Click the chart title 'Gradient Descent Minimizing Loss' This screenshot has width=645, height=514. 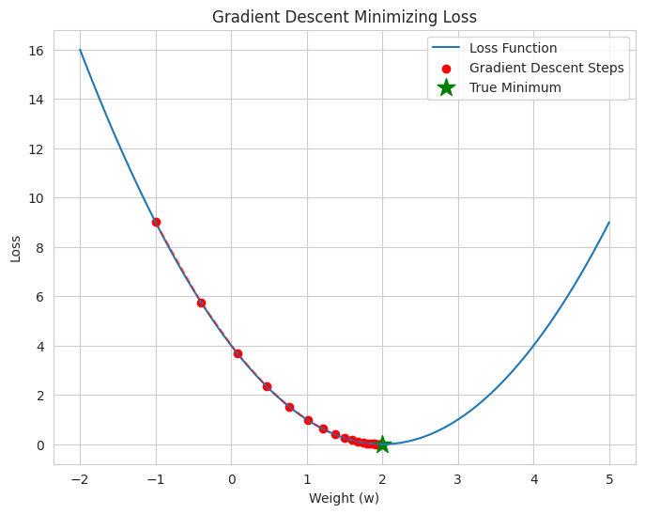click(344, 17)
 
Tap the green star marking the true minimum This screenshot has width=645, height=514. click(382, 444)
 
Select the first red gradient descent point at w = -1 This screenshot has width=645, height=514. click(156, 223)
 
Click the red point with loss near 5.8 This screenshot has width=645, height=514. click(201, 303)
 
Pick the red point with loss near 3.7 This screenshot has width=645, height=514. click(238, 354)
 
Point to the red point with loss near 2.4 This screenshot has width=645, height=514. click(267, 386)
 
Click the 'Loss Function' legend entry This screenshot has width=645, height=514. click(513, 48)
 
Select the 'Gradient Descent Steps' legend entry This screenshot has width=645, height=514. click(546, 68)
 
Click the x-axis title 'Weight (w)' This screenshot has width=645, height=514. click(344, 498)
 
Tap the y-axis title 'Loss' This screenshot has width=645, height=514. click(15, 248)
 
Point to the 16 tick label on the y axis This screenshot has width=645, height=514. click(37, 50)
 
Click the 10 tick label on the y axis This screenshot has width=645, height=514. click(37, 198)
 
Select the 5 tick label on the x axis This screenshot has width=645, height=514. click(609, 478)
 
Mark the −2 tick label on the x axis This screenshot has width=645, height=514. click(80, 478)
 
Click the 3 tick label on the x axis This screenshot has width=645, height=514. click(458, 478)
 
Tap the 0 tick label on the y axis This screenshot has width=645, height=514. click(40, 445)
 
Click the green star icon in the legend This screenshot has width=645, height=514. click(446, 87)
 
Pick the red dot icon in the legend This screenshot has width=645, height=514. click(446, 68)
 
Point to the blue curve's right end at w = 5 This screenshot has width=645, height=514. click(609, 223)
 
